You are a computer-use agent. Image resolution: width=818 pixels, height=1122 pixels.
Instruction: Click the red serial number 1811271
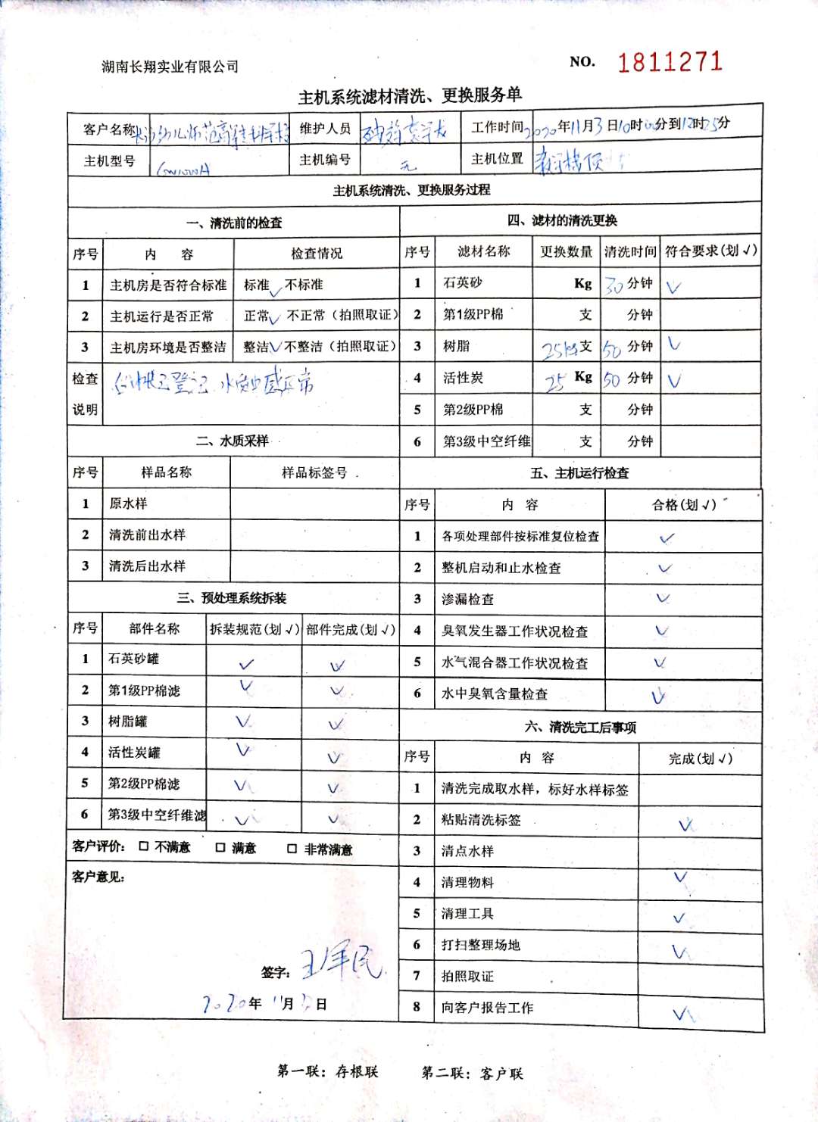[670, 61]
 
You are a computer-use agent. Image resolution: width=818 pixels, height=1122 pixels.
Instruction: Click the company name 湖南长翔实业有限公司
[170, 67]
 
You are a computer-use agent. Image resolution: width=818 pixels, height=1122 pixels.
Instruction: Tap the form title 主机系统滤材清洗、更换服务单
[410, 95]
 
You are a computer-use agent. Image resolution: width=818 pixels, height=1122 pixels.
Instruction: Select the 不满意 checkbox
[144, 846]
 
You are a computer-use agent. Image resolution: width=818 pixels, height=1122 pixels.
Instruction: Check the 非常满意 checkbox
[292, 849]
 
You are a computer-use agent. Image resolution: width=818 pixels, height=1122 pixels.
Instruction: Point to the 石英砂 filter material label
[462, 283]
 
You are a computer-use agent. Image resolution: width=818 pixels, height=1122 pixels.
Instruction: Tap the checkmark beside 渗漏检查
[663, 598]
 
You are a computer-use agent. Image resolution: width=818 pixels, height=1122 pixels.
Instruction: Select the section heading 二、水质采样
[233, 441]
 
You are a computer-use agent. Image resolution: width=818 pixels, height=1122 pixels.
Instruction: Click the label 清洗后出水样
[147, 566]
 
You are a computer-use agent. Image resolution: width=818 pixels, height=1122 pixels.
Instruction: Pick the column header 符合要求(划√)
[710, 251]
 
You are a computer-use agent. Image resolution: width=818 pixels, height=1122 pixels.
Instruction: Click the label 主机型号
[109, 161]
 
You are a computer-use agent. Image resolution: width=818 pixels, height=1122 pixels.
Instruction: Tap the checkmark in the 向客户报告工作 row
[682, 1013]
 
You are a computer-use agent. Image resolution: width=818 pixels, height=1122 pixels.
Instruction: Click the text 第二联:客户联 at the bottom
[472, 1073]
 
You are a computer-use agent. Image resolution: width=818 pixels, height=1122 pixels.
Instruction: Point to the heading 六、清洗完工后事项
[580, 727]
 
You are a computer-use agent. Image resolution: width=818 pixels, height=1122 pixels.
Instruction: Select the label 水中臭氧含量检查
[495, 693]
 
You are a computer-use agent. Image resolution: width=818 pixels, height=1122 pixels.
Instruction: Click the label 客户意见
[98, 877]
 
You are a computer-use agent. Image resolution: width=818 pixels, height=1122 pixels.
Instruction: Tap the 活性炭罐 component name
[134, 753]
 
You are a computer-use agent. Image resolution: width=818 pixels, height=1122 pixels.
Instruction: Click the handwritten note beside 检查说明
[213, 383]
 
